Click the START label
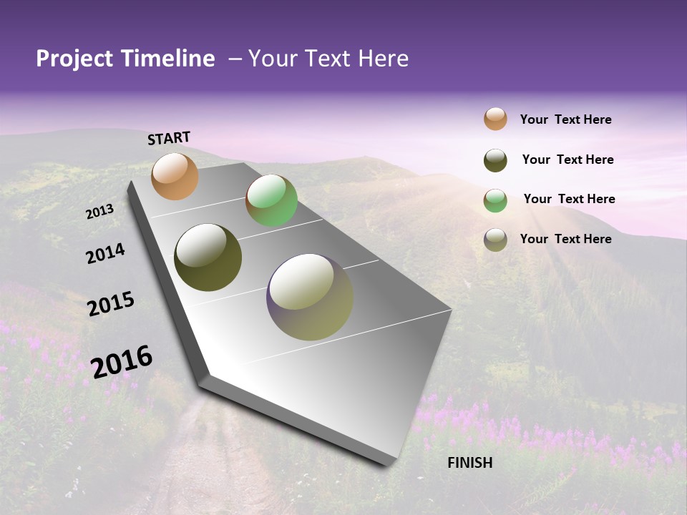pos(169,138)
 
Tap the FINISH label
pos(470,463)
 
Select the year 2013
pos(100,212)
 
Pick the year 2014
pos(106,254)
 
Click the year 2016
pos(122,361)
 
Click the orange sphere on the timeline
pos(175,176)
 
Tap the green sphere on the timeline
pos(271,200)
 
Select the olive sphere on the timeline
pos(208,257)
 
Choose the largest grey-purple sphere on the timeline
pos(310,297)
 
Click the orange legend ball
pos(495,119)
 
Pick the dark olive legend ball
pos(495,160)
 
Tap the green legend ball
pos(495,200)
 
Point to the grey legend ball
pos(495,240)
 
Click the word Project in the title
pos(74,59)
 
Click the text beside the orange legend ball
pos(565,119)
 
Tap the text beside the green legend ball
pos(569,199)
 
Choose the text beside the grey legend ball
pos(565,239)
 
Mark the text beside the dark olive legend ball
pos(567,160)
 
